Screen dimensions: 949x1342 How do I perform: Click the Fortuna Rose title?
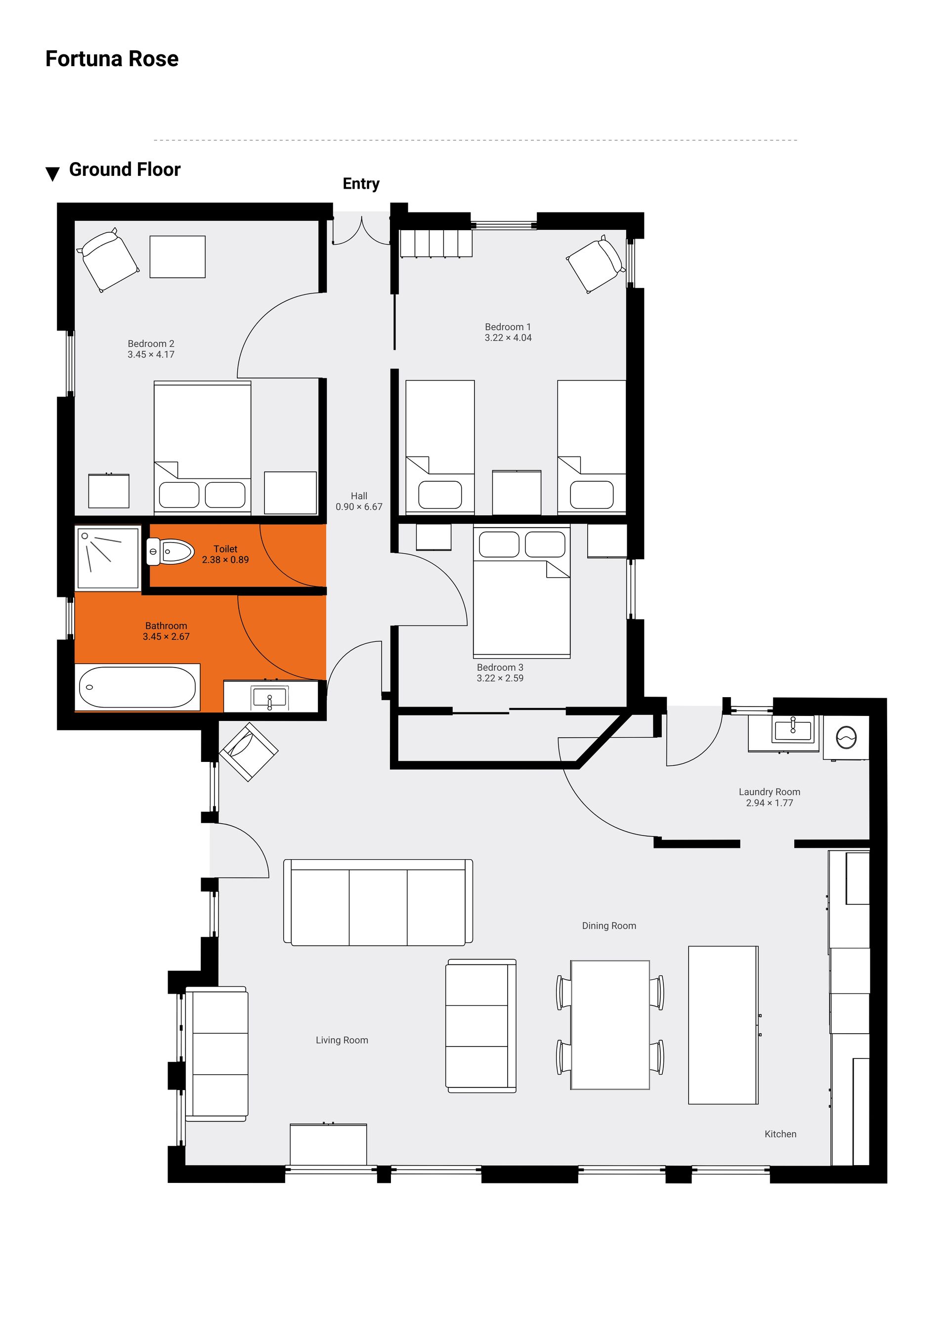click(x=112, y=59)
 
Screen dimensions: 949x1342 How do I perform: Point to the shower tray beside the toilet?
click(x=108, y=559)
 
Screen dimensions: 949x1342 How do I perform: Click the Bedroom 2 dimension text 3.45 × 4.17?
click(x=151, y=354)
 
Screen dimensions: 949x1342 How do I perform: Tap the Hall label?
click(x=359, y=496)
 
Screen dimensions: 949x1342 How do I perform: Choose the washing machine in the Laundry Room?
click(x=846, y=738)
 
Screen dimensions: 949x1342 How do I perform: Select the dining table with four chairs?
click(x=610, y=1025)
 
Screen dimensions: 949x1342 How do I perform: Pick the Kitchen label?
click(x=780, y=1134)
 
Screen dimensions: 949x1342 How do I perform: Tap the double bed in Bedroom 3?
click(x=521, y=591)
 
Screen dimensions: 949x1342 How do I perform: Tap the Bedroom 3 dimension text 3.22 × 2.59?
click(x=500, y=678)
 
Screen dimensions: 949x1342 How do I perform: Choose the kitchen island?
click(x=723, y=1025)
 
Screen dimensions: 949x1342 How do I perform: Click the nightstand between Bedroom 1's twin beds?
click(x=517, y=492)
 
